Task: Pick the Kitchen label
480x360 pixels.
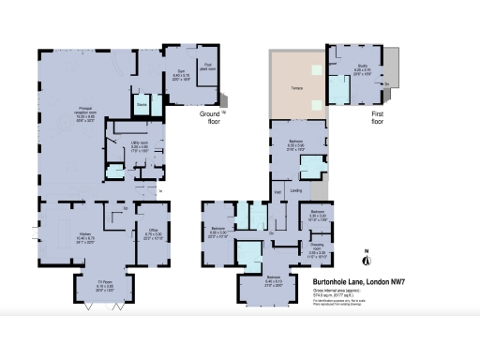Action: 83,233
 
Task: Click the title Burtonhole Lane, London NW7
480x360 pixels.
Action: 352,280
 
